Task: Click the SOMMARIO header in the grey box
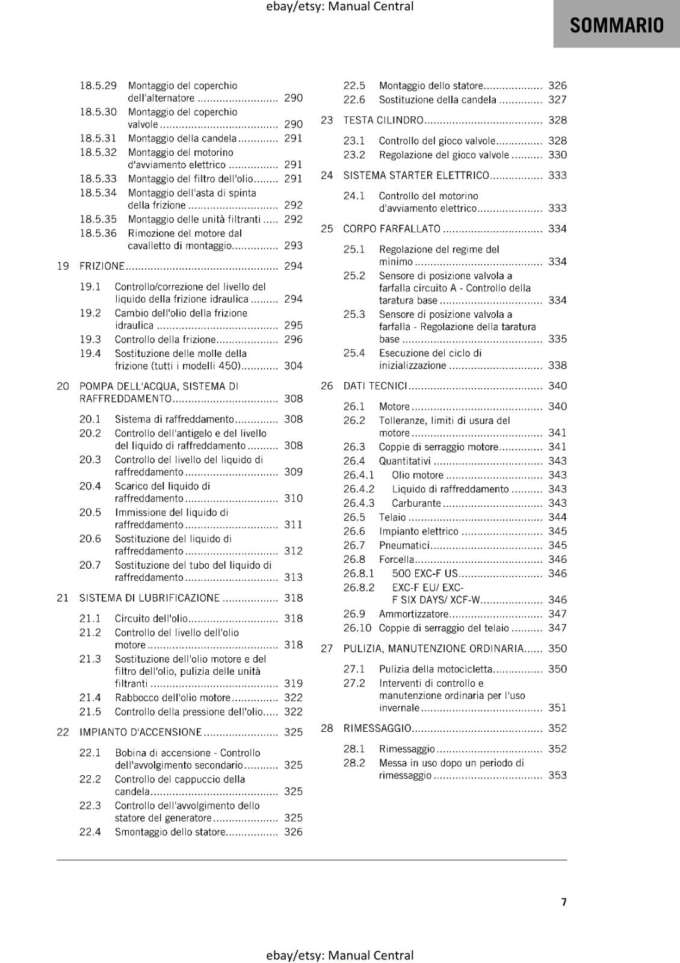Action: click(616, 25)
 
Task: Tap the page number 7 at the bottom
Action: click(564, 902)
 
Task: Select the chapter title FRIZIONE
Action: click(102, 266)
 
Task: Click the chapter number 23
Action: click(327, 120)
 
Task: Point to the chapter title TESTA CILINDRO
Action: click(383, 120)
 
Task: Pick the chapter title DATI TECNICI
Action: click(375, 386)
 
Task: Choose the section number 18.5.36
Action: click(98, 233)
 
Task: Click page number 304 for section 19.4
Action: click(293, 365)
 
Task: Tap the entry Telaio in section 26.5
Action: click(392, 517)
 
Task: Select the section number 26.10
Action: click(357, 628)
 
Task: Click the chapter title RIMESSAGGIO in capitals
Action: click(377, 728)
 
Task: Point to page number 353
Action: click(557, 775)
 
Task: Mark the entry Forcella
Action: click(397, 559)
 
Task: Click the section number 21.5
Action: click(90, 711)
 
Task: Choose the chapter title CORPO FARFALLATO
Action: click(392, 229)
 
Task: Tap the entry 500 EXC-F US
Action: click(425, 574)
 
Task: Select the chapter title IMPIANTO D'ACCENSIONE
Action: click(140, 732)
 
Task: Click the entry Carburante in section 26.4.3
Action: click(416, 503)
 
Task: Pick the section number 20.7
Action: click(90, 565)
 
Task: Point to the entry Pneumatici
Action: click(404, 545)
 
